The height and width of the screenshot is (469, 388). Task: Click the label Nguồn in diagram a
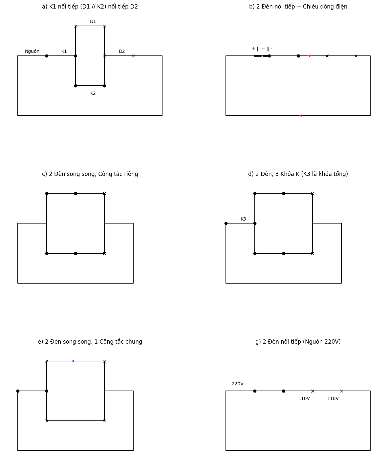click(32, 52)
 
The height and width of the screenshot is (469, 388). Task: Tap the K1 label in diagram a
click(64, 52)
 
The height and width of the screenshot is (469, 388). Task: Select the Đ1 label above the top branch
click(93, 22)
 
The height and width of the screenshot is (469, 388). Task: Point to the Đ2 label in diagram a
click(122, 52)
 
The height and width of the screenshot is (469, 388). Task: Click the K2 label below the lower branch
click(93, 94)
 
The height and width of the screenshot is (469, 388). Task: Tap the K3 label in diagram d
click(243, 219)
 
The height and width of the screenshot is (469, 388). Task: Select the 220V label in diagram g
click(238, 384)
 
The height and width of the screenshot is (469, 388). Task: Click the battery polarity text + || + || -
click(262, 49)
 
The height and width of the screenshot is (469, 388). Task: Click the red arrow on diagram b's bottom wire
click(300, 116)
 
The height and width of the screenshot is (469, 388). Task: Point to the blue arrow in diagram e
click(73, 361)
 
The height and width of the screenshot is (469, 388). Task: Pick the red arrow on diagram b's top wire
click(310, 56)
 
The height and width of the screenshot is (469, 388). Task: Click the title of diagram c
click(90, 174)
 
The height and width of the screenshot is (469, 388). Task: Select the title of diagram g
click(298, 342)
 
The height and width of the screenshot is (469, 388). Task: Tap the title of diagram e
click(90, 342)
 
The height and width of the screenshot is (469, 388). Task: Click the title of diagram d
click(298, 174)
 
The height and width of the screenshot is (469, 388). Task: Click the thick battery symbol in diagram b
click(261, 56)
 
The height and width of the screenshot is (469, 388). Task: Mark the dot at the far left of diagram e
click(18, 391)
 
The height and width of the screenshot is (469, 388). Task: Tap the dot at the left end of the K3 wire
click(226, 223)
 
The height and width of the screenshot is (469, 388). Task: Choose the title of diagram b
click(298, 7)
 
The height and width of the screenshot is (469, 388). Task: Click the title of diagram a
click(90, 7)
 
